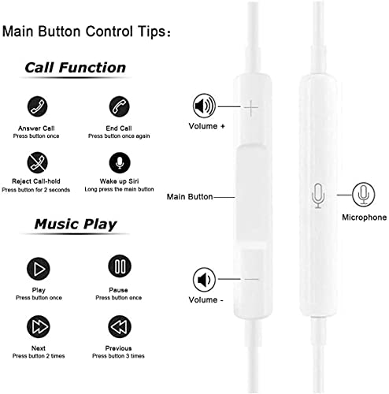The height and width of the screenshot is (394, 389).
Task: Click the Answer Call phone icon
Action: click(37, 106)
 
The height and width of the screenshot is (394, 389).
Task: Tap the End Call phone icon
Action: click(119, 106)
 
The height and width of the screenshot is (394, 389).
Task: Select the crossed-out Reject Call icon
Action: click(37, 162)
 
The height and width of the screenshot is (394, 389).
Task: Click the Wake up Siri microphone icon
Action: click(120, 162)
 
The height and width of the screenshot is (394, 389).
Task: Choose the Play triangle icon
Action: click(39, 269)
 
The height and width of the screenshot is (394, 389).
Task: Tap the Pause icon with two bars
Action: click(120, 266)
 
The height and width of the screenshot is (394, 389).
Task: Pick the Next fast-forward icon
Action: click(39, 326)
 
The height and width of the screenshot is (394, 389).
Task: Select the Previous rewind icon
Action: click(120, 326)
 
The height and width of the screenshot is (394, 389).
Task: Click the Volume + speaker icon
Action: click(204, 106)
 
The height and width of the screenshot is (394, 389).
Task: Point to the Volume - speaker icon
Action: click(204, 280)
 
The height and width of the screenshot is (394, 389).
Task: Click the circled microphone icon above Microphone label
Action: click(363, 195)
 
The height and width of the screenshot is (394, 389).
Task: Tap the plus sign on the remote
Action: click(251, 108)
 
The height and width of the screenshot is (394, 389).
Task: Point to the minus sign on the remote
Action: click(251, 279)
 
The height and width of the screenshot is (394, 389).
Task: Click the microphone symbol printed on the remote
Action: click(318, 196)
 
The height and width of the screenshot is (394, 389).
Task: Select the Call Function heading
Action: click(76, 68)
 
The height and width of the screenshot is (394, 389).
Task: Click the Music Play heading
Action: click(76, 225)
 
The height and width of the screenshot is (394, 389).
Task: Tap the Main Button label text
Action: click(190, 197)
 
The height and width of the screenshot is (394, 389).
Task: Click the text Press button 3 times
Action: click(118, 356)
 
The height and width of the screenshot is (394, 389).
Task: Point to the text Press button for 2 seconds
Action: click(36, 190)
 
